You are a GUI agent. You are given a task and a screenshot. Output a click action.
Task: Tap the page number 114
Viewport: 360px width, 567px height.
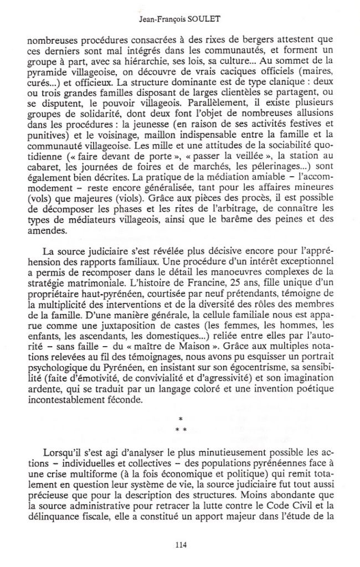(x=180, y=545)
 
